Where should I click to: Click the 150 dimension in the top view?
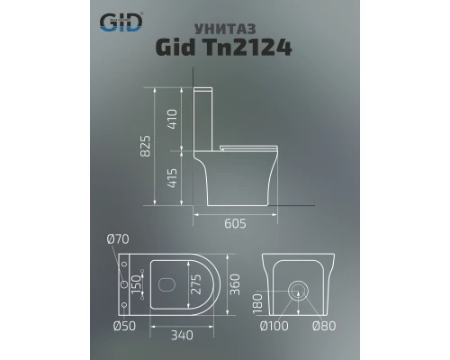(139, 284)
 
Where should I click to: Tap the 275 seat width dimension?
(194, 284)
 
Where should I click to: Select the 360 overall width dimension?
(234, 284)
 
